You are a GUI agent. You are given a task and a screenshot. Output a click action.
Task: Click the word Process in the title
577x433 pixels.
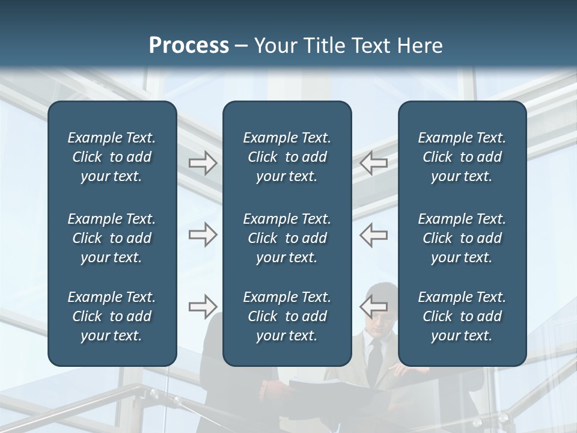189,46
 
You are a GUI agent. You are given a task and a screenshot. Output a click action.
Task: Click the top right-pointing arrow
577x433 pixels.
203,163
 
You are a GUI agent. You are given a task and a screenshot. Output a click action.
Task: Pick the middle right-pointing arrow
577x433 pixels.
203,235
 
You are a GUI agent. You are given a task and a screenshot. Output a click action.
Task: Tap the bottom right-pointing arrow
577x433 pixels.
203,307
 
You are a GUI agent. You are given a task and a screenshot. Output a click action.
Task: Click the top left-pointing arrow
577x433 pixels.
374,163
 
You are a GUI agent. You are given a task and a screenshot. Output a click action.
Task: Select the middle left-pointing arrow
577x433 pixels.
374,235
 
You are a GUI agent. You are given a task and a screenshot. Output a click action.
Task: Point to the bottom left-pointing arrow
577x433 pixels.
374,306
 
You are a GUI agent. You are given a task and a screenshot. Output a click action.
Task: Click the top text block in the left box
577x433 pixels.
112,157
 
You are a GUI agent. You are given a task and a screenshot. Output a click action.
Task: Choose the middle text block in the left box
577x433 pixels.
112,238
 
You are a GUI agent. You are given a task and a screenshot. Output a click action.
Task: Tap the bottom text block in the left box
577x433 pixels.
112,316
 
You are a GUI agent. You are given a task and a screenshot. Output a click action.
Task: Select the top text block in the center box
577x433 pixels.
287,157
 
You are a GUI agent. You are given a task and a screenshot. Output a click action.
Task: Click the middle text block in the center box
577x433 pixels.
287,238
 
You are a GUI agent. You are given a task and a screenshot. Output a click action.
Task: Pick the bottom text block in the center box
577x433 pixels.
287,316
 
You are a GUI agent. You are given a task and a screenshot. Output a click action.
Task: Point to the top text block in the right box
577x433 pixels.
462,157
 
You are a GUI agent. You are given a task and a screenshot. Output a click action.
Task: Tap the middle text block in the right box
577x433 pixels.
462,238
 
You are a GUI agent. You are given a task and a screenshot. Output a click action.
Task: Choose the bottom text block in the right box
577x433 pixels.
462,316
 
